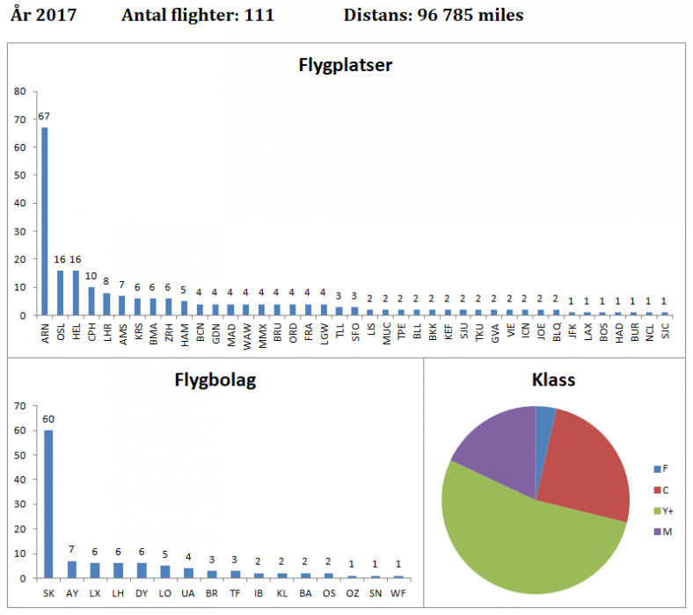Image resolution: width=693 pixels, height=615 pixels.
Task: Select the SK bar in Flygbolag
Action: click(48, 504)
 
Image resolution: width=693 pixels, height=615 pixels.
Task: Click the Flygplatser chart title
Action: click(346, 66)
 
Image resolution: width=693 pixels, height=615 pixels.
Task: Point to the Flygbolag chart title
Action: click(215, 381)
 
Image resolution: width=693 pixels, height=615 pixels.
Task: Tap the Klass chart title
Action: click(556, 381)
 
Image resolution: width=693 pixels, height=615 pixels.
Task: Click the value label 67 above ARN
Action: click(45, 118)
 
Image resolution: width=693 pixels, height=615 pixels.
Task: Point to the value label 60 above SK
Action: click(48, 419)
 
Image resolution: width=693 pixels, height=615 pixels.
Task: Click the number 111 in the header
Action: click(257, 16)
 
